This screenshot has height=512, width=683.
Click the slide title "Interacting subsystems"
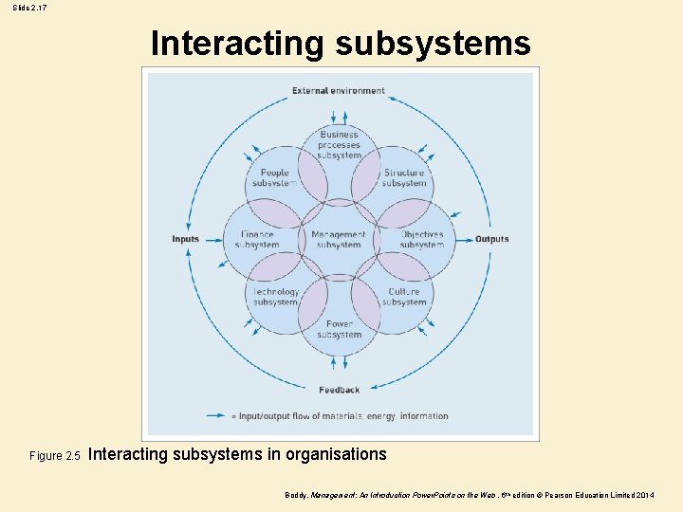341,44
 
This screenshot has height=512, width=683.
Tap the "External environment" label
339,91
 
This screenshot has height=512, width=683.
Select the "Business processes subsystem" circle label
339,145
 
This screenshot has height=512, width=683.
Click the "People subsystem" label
274,178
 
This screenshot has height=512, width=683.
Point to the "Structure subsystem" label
404,178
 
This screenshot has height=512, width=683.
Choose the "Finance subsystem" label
257,240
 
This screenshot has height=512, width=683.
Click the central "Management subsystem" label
339,240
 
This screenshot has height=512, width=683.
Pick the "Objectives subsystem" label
421,240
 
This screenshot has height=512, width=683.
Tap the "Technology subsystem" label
275,297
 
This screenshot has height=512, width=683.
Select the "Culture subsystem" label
404,297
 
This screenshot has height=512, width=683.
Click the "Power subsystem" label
339,329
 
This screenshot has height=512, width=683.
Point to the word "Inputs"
186,239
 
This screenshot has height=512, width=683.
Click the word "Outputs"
491,239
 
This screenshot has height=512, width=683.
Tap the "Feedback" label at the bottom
339,390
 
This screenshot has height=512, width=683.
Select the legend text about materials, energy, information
343,416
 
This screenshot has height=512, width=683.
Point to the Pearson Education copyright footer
470,496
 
